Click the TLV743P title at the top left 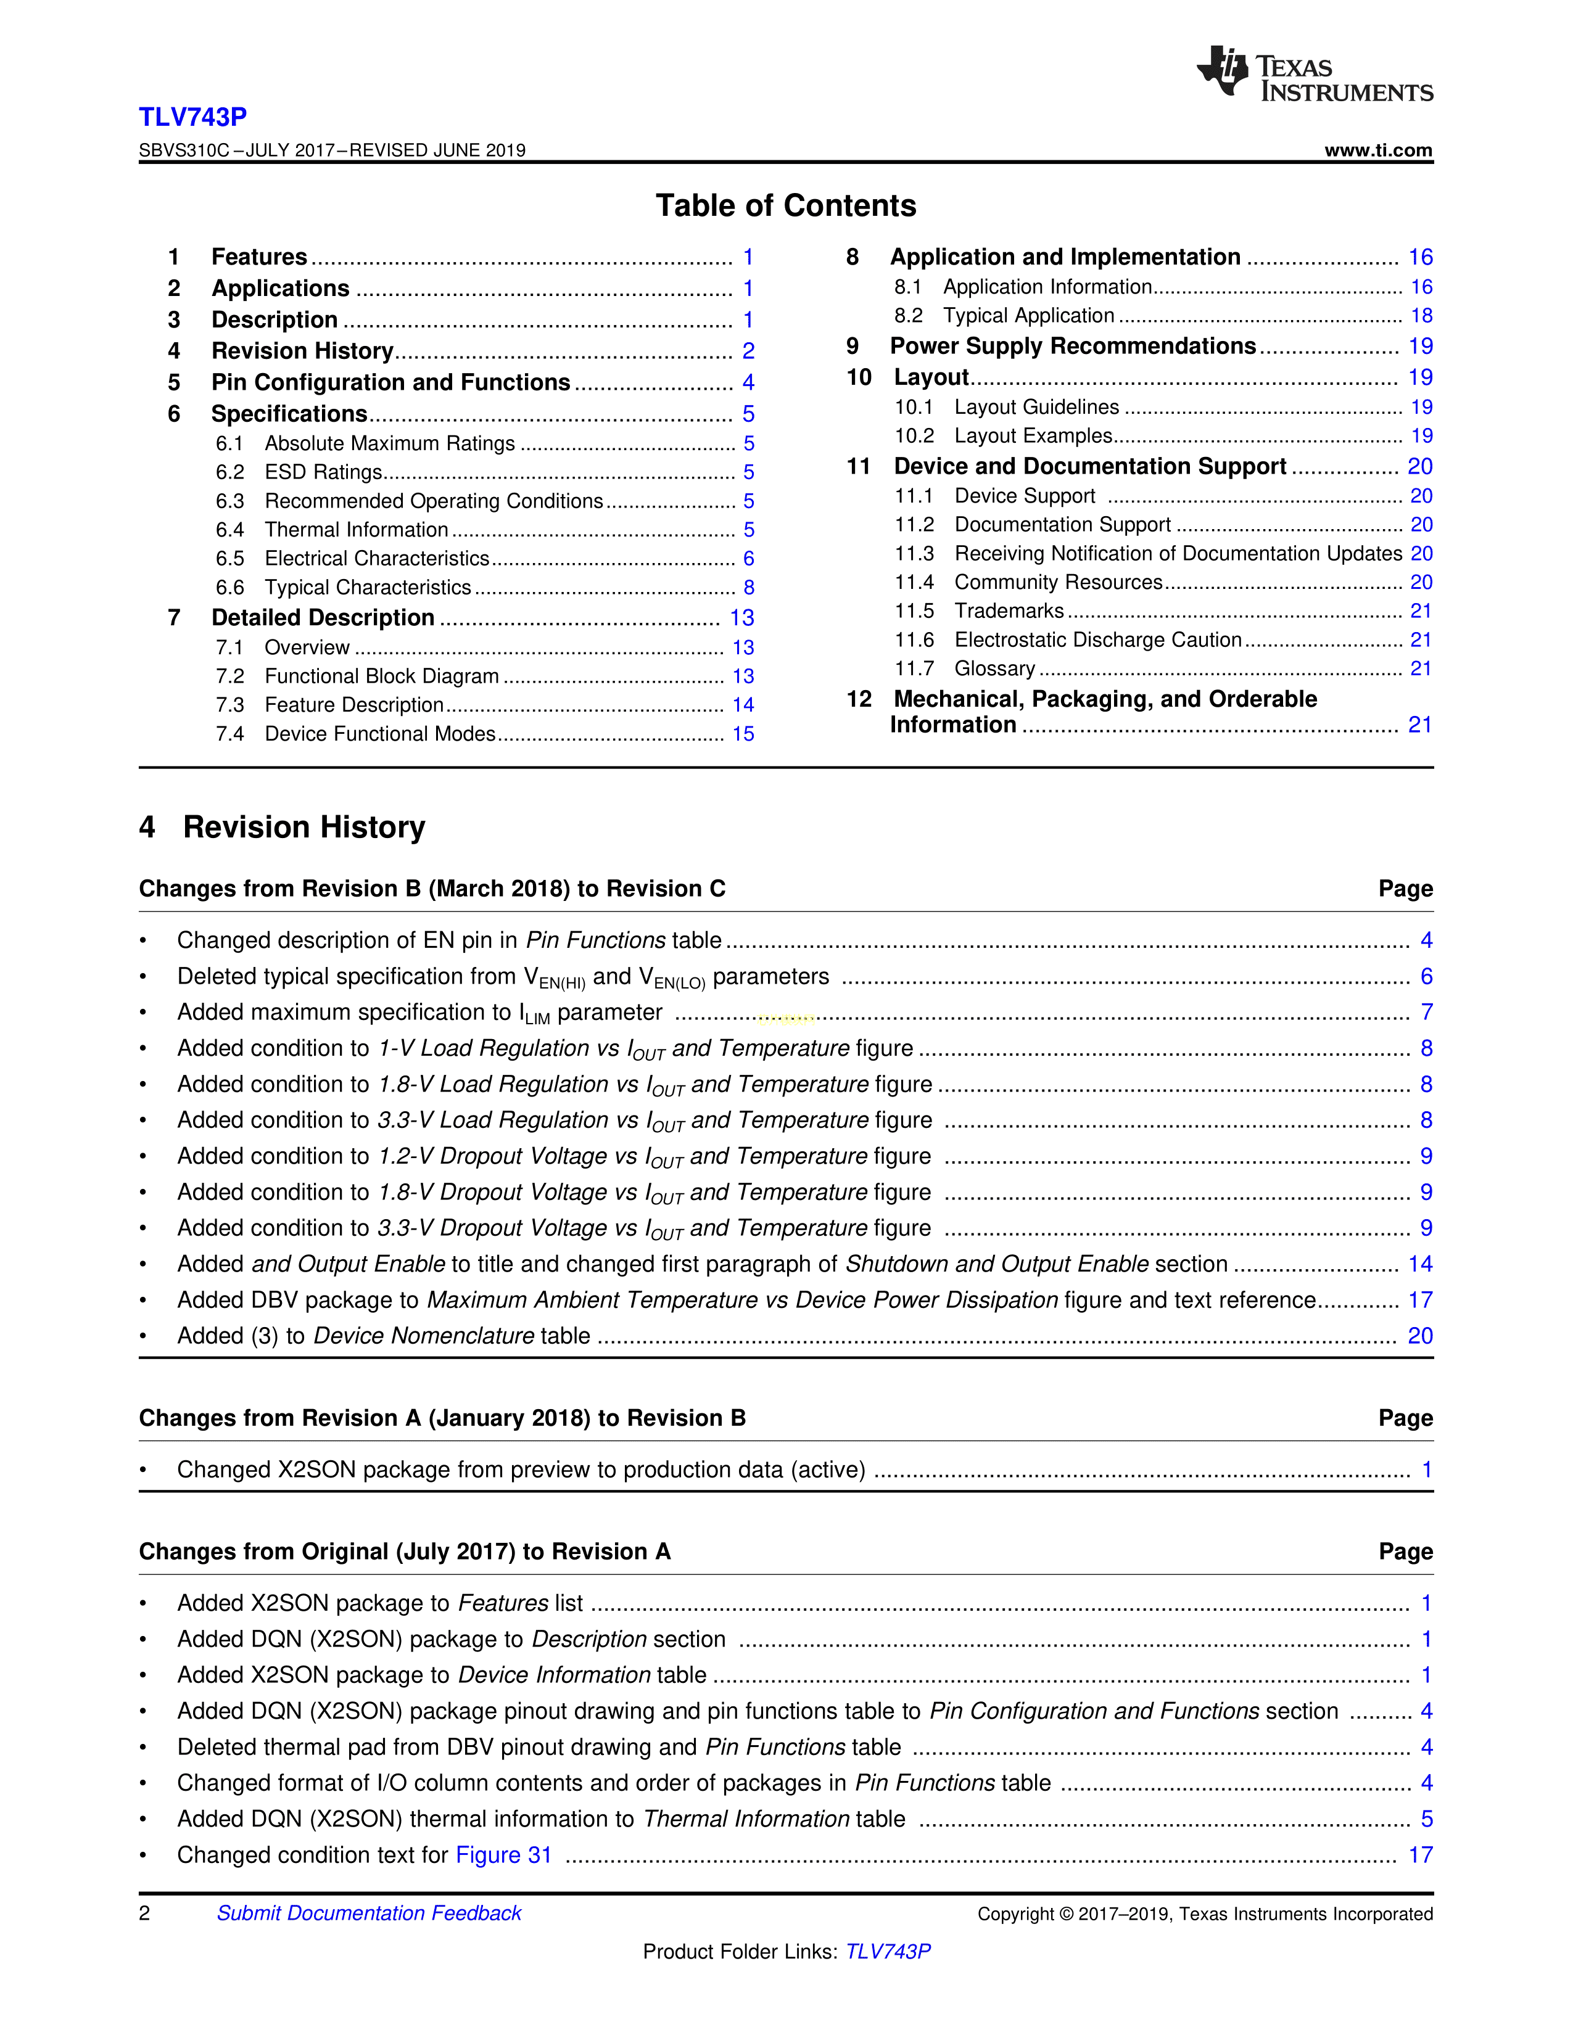[x=193, y=117]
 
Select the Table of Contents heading [x=785, y=206]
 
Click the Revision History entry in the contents [x=302, y=351]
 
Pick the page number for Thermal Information [x=748, y=530]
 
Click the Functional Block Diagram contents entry [x=381, y=676]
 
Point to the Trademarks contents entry [x=1009, y=611]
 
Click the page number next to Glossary [x=1420, y=669]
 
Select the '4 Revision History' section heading [x=283, y=828]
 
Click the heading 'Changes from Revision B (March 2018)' [x=431, y=889]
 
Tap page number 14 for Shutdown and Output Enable [x=1420, y=1264]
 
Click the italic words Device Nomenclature [x=423, y=1336]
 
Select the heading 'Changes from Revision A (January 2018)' [x=442, y=1418]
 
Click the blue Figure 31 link [x=503, y=1855]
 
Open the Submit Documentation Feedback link [x=368, y=1913]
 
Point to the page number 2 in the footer [x=144, y=1913]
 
